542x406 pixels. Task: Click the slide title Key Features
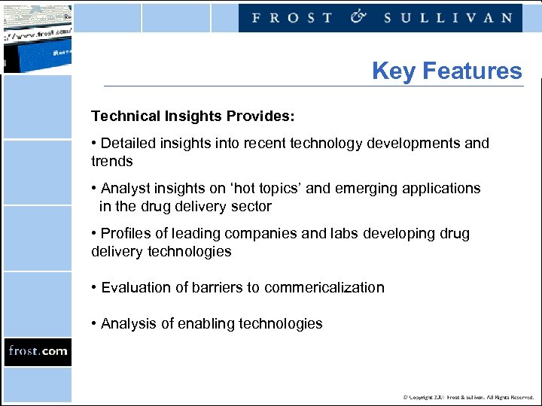pos(446,71)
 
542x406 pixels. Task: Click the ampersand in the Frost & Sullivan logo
pos(358,17)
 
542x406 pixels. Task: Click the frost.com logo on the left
pos(38,351)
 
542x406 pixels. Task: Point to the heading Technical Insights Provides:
pos(193,117)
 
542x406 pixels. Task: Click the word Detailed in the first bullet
pos(128,144)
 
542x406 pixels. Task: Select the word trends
pos(111,162)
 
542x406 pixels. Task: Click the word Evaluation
pos(136,288)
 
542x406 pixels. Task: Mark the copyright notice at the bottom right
pos(467,397)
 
